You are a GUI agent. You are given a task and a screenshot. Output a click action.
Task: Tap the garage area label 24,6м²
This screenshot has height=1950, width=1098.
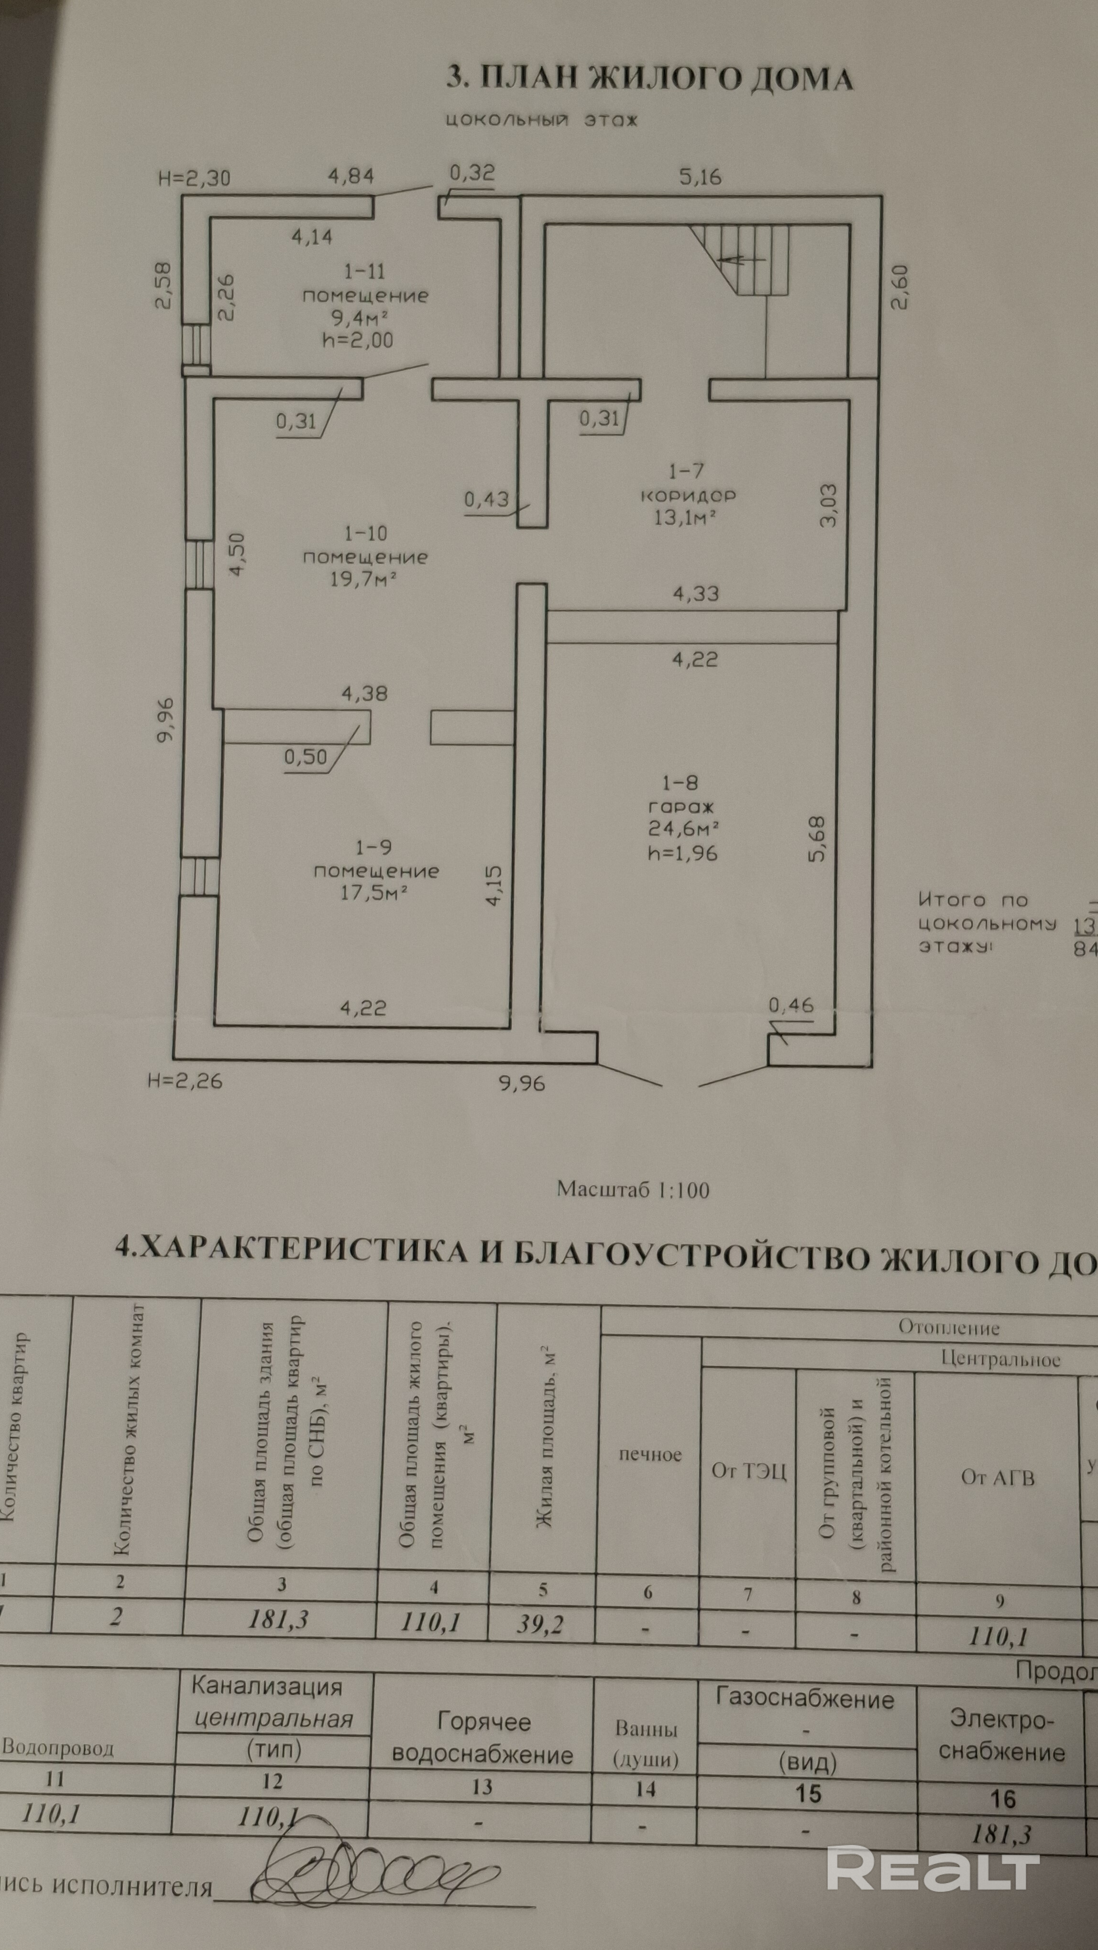tap(683, 828)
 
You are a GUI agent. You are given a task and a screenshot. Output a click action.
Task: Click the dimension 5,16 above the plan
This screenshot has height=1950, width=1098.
tap(701, 177)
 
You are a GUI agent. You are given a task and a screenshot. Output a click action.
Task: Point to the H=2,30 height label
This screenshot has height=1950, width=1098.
tap(194, 179)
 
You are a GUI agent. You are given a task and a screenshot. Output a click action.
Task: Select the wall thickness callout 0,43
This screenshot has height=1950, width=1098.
tap(487, 499)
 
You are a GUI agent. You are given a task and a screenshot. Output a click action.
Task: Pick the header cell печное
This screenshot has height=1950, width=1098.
tap(650, 1454)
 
